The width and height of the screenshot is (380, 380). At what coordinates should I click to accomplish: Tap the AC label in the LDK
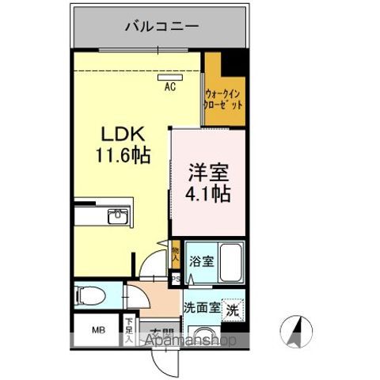[x=170, y=88]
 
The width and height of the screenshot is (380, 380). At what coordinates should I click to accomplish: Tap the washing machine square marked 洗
[x=233, y=309]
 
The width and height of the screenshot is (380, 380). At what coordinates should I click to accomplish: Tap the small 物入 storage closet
[x=175, y=253]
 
